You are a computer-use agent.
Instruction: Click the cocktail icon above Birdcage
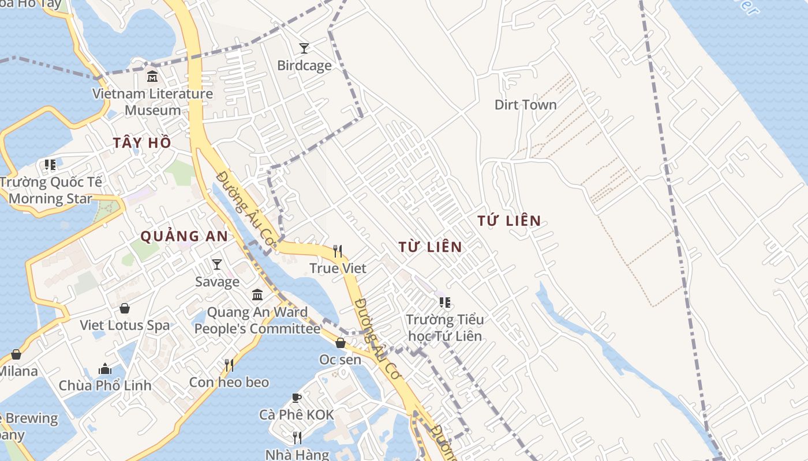[x=304, y=48]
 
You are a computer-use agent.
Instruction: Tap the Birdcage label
[x=304, y=66]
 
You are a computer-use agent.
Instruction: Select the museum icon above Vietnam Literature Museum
[x=152, y=76]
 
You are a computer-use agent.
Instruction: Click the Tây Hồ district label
[x=142, y=143]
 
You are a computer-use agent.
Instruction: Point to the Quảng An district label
[x=184, y=236]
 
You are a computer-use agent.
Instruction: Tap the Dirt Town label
[x=525, y=105]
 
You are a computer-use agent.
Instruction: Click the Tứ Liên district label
[x=509, y=220]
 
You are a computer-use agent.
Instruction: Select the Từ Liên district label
[x=430, y=247]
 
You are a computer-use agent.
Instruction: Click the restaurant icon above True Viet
[x=338, y=251]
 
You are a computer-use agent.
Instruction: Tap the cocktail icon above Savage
[x=216, y=264]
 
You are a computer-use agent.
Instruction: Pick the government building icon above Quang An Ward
[x=257, y=295]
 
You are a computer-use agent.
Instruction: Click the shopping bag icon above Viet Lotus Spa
[x=124, y=308]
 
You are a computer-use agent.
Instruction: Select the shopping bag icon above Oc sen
[x=341, y=343]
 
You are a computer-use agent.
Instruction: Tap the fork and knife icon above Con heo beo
[x=229, y=365]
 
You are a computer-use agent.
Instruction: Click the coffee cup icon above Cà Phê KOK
[x=296, y=398]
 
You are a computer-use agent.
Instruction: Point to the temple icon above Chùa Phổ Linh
[x=105, y=368]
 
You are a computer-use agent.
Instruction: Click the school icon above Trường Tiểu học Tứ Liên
[x=444, y=302]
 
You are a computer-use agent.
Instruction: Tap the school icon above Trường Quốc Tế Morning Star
[x=50, y=165]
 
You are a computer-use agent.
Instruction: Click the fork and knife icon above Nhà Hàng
[x=297, y=438]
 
